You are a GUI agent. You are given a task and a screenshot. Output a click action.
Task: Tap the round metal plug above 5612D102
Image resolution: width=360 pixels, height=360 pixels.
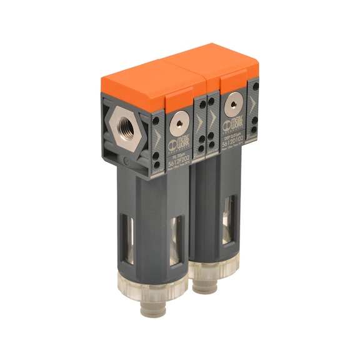click(x=233, y=101)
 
